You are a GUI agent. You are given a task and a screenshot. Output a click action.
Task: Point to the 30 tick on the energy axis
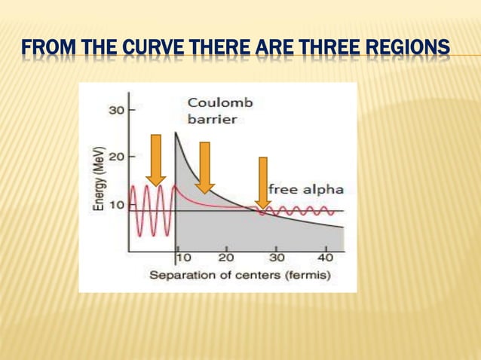[116, 110]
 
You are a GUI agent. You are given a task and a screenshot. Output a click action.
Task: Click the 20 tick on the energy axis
[116, 157]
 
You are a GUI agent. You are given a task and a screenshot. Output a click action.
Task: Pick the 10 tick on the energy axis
[116, 204]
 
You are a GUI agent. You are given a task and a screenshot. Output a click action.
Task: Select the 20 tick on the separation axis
[225, 258]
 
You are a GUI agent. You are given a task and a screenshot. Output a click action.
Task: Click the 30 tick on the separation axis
[277, 258]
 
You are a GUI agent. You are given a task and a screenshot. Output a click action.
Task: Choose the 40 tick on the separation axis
[326, 258]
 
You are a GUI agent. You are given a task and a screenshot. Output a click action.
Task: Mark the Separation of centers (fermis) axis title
[239, 275]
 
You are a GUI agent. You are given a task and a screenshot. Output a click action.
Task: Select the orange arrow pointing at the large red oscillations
[156, 160]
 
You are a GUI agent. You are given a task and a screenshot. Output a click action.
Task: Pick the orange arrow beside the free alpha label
[262, 183]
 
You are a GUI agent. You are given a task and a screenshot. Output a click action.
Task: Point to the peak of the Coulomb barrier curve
[176, 133]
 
